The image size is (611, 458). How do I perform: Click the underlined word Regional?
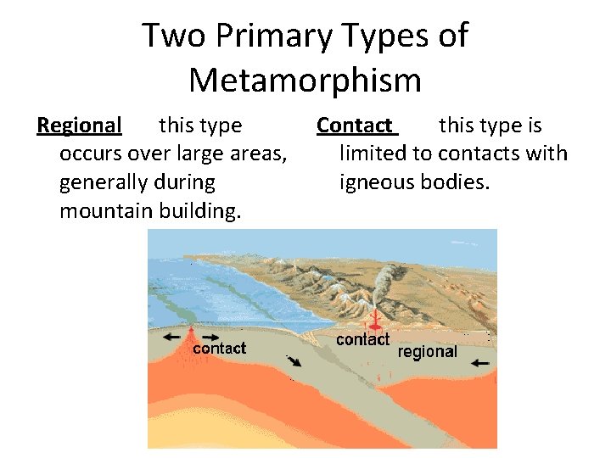pyautogui.click(x=80, y=126)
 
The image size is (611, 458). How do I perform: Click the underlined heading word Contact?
pyautogui.click(x=355, y=126)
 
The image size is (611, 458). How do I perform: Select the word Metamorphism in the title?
pyautogui.click(x=305, y=81)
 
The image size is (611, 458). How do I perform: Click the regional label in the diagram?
pyautogui.click(x=428, y=352)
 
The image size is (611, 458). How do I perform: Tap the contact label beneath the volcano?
pyautogui.click(x=362, y=339)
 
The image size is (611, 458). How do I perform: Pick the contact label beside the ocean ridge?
pyautogui.click(x=220, y=348)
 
